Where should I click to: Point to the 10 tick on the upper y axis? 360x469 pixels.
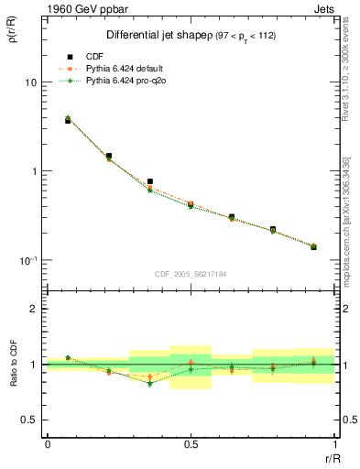pyautogui.click(x=29, y=82)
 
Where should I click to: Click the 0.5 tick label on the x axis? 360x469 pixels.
pyautogui.click(x=191, y=443)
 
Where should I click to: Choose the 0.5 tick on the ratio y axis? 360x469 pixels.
pyautogui.click(x=30, y=420)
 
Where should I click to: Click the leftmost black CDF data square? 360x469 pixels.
pyautogui.click(x=68, y=121)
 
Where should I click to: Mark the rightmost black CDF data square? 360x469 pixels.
pyautogui.click(x=313, y=247)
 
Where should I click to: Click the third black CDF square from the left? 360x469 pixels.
pyautogui.click(x=149, y=181)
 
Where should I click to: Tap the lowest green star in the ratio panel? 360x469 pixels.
pyautogui.click(x=149, y=384)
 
